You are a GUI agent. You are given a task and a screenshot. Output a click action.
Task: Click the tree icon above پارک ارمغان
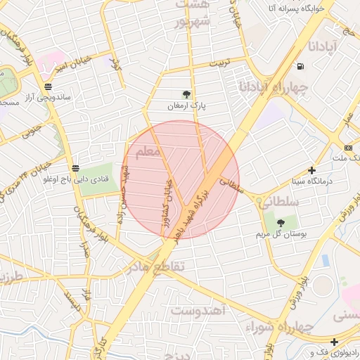(x=186, y=94)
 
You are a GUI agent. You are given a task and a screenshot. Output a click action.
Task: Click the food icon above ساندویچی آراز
(x=47, y=87)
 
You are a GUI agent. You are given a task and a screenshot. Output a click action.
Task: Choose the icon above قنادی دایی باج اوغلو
(x=75, y=168)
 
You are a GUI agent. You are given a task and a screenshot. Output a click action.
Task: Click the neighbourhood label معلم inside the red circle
(x=147, y=152)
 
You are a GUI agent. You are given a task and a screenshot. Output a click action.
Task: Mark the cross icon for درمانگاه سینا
(x=312, y=170)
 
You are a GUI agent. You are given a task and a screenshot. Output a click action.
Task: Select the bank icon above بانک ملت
(x=349, y=148)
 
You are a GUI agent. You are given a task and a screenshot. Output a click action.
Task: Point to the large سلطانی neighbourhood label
(x=281, y=202)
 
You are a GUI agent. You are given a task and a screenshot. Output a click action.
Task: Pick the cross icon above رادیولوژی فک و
(x=335, y=342)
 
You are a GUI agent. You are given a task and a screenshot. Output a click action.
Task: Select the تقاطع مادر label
(x=155, y=267)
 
